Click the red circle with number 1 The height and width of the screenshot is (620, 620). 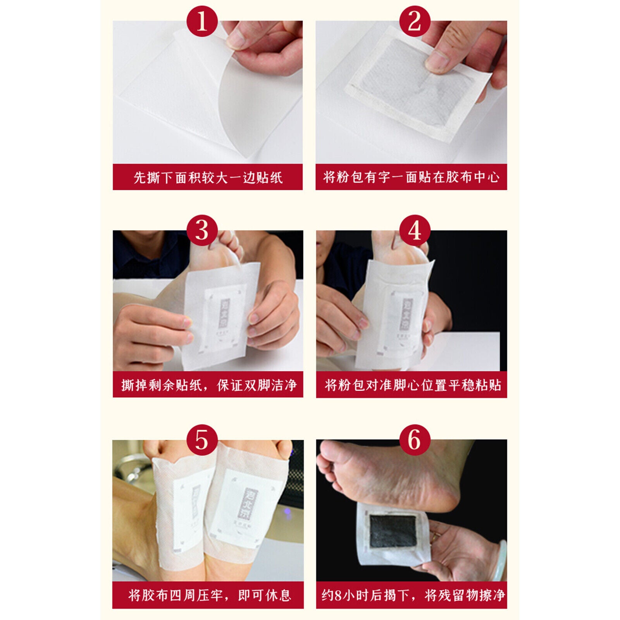point(202,21)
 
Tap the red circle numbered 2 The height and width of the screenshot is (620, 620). point(414,21)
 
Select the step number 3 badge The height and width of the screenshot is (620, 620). point(202,231)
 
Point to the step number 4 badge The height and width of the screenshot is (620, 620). point(414,231)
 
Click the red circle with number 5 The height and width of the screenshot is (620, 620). point(202,440)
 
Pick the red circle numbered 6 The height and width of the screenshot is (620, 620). point(414,440)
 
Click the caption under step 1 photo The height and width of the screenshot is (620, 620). point(208,177)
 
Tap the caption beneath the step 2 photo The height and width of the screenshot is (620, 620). point(411,177)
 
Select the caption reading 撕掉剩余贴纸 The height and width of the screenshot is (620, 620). point(208,385)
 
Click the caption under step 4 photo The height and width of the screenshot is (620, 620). point(412,385)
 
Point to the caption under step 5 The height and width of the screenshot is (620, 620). point(208,595)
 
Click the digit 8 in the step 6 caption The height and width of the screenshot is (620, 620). point(338,595)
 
